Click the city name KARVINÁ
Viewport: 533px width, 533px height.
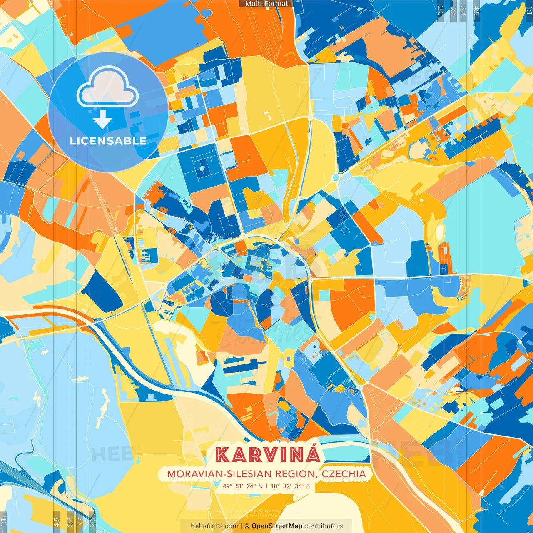click(268, 454)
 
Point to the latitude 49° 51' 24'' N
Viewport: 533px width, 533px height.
click(243, 486)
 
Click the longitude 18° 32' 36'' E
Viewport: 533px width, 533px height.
click(291, 486)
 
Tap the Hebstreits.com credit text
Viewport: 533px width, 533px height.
click(214, 526)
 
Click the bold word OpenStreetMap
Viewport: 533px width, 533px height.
click(277, 526)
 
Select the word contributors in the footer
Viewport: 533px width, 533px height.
click(324, 526)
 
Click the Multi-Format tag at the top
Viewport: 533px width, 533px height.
click(266, 4)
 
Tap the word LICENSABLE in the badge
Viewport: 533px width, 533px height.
click(108, 141)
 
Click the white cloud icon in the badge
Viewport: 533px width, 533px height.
click(107, 87)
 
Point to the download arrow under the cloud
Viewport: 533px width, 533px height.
click(102, 121)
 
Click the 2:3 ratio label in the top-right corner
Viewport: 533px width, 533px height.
click(441, 10)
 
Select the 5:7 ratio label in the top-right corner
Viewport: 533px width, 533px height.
click(453, 10)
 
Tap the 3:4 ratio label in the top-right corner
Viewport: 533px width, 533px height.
click(463, 10)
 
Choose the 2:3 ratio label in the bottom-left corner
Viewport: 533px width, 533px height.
click(92, 522)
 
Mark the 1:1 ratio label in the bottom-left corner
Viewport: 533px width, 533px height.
click(4, 522)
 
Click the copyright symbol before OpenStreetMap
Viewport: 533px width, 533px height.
click(247, 526)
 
